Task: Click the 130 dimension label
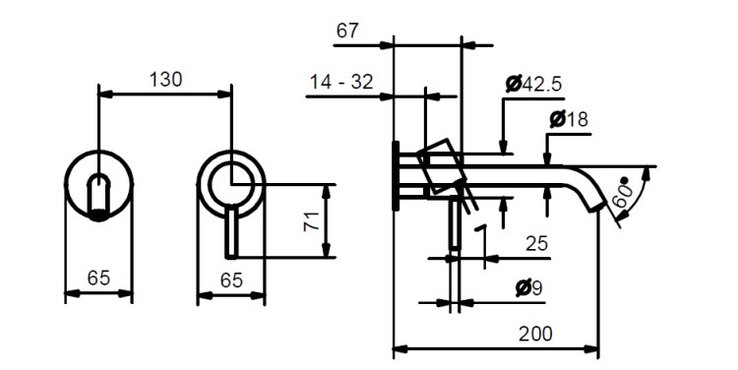click(x=165, y=80)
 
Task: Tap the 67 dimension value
click(x=347, y=31)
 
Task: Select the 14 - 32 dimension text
click(x=341, y=82)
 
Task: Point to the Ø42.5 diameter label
click(x=533, y=85)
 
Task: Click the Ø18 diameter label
click(x=569, y=119)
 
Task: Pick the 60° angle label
click(x=622, y=193)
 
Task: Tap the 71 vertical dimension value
click(x=312, y=221)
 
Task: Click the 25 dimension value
click(x=536, y=243)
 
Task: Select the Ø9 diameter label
click(x=529, y=287)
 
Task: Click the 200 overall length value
click(x=535, y=334)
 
